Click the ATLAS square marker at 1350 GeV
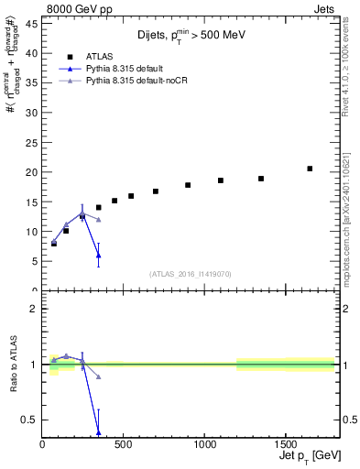(x=261, y=179)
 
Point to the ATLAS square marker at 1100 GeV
(x=221, y=180)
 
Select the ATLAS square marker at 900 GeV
(x=188, y=185)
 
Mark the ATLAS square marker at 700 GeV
(x=156, y=191)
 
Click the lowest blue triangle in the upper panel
(x=99, y=255)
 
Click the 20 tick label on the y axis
(x=33, y=172)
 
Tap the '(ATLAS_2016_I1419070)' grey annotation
(x=191, y=274)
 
